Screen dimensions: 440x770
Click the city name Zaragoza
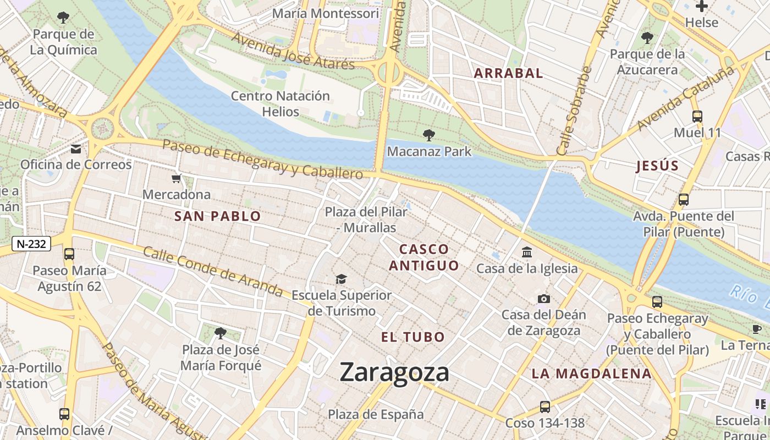394,372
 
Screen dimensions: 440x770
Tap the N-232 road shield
31,244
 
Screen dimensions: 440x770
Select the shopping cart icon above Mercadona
177,179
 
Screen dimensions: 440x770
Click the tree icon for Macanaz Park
428,135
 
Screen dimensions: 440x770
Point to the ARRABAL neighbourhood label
508,73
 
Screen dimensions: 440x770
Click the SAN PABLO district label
217,216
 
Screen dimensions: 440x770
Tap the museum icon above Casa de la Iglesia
527,252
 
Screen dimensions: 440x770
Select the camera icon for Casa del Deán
543,299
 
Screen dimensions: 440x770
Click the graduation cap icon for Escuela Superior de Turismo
342,279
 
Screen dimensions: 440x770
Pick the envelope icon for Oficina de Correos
76,148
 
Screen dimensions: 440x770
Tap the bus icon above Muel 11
697,116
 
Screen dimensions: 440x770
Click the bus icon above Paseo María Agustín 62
69,254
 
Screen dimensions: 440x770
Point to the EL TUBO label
413,337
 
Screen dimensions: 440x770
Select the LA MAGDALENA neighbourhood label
591,374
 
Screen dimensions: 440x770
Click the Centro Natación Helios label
280,103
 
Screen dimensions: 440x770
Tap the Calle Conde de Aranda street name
213,271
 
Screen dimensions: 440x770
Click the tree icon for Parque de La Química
63,18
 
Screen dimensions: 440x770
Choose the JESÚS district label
657,166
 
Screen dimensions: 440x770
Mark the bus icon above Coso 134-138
544,406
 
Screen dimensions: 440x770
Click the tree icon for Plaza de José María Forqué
221,333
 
